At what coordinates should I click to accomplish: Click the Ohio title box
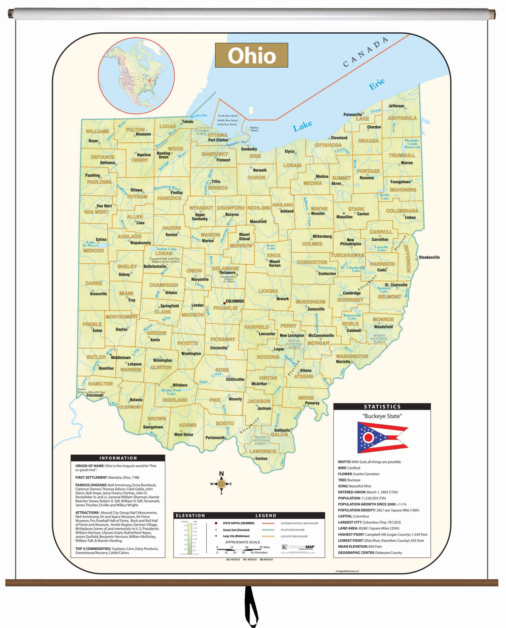(251, 55)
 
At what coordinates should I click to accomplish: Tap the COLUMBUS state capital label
(235, 301)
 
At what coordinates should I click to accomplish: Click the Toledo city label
(187, 122)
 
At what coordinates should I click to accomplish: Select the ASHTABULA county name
(402, 118)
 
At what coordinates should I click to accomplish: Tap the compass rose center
(221, 484)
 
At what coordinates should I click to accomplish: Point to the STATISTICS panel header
(382, 406)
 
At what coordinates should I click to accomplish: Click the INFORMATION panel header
(118, 458)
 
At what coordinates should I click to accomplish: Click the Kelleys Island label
(254, 129)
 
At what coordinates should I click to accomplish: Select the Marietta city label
(343, 361)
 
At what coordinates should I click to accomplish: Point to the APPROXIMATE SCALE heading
(242, 542)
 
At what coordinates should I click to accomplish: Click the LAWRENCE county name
(263, 451)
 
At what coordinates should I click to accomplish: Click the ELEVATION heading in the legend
(190, 515)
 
